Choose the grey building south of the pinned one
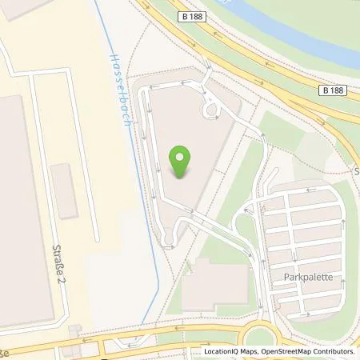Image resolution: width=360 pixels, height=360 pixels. point(215,286)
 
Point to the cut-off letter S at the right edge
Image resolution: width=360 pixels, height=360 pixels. point(356,171)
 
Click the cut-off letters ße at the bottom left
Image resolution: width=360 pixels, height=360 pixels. point(4,351)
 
